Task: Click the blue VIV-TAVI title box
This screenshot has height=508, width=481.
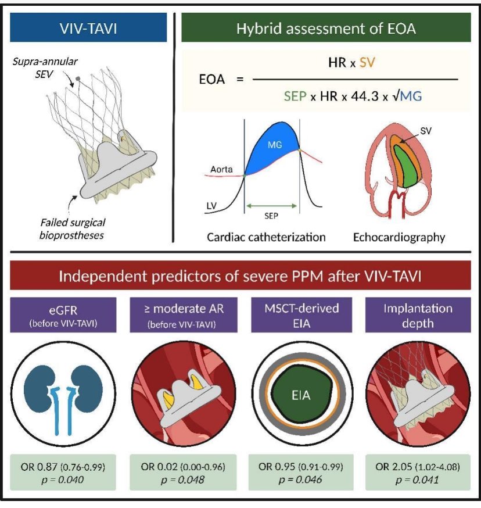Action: point(87,27)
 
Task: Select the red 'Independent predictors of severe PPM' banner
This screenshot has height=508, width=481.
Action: point(240,275)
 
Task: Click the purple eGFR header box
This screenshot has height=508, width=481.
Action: point(63,314)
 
